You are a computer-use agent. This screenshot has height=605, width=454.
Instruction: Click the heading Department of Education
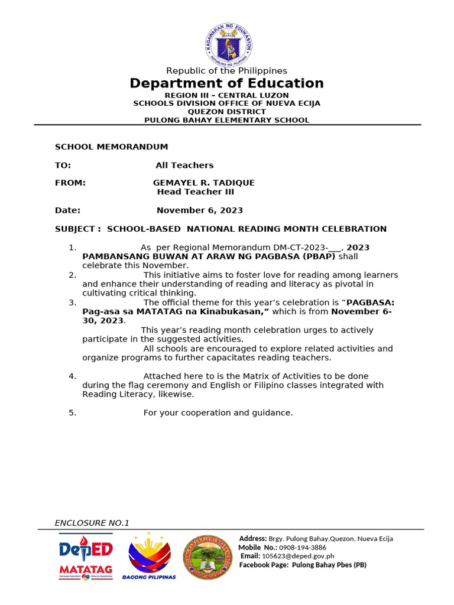[x=226, y=83]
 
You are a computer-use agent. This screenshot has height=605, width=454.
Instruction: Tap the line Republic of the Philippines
[x=226, y=71]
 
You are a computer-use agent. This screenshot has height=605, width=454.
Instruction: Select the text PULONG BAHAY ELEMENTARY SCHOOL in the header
[x=226, y=120]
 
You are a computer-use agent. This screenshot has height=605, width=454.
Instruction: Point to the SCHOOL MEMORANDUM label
[x=111, y=147]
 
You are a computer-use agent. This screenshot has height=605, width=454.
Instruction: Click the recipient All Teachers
[x=184, y=165]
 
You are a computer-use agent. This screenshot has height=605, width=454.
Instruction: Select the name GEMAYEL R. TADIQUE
[x=204, y=183]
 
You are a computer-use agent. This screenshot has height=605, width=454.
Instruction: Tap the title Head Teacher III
[x=195, y=192]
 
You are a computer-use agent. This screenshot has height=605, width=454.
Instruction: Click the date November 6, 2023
[x=199, y=210]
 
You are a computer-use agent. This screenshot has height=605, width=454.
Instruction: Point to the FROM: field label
[x=70, y=183]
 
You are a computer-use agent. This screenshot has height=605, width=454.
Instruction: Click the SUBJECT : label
[x=78, y=229]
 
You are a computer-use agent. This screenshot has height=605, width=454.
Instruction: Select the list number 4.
[x=72, y=376]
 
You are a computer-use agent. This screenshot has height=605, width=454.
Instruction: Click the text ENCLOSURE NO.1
[x=92, y=523]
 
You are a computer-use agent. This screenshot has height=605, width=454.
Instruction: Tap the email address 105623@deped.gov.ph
[x=298, y=556]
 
